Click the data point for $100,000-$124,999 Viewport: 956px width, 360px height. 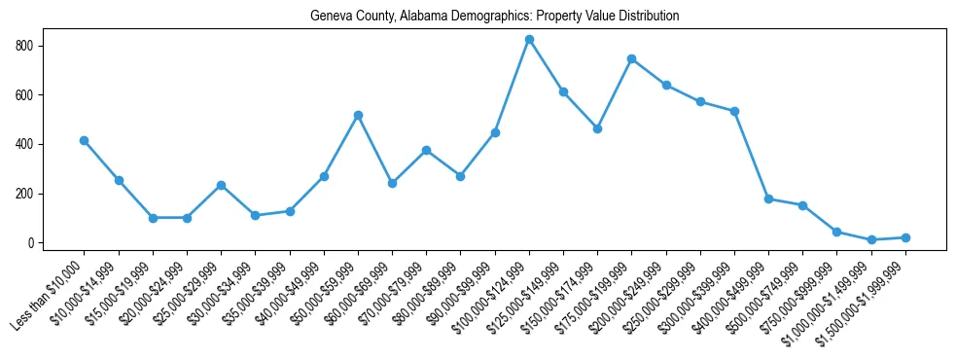click(529, 39)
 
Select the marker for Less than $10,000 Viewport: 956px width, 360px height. click(85, 140)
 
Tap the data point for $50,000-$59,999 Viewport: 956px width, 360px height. click(358, 115)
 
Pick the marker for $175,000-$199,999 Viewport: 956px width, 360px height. click(631, 58)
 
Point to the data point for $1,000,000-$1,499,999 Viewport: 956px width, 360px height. click(871, 239)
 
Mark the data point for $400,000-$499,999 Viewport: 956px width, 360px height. click(768, 198)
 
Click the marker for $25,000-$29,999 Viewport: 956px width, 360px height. click(221, 185)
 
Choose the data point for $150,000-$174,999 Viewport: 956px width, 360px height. click(597, 128)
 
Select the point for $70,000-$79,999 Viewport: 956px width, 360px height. click(426, 150)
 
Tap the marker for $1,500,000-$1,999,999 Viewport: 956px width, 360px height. click(905, 237)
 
